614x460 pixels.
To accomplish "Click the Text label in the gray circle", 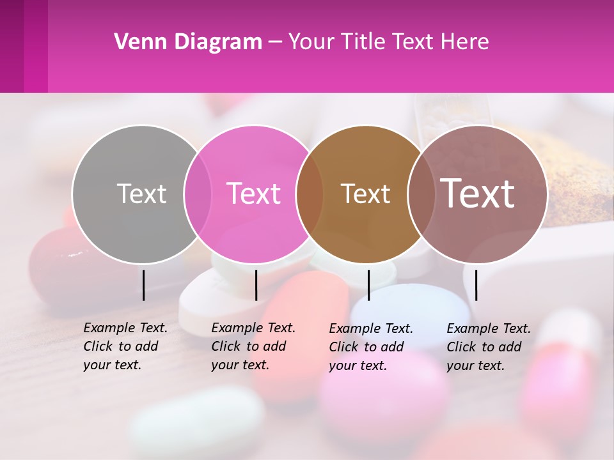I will pyautogui.click(x=141, y=194).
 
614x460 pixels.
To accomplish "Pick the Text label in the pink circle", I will pyautogui.click(x=254, y=194).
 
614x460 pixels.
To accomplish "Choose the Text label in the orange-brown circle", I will pyautogui.click(x=365, y=194).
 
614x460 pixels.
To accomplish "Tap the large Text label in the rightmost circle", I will pyautogui.click(x=478, y=194).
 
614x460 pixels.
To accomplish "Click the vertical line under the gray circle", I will pyautogui.click(x=144, y=285).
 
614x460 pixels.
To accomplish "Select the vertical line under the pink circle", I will pyautogui.click(x=256, y=285).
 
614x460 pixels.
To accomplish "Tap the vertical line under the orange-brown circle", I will pyautogui.click(x=368, y=285).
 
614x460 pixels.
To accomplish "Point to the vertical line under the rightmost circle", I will pyautogui.click(x=476, y=285).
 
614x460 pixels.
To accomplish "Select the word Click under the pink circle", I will pyautogui.click(x=225, y=347).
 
